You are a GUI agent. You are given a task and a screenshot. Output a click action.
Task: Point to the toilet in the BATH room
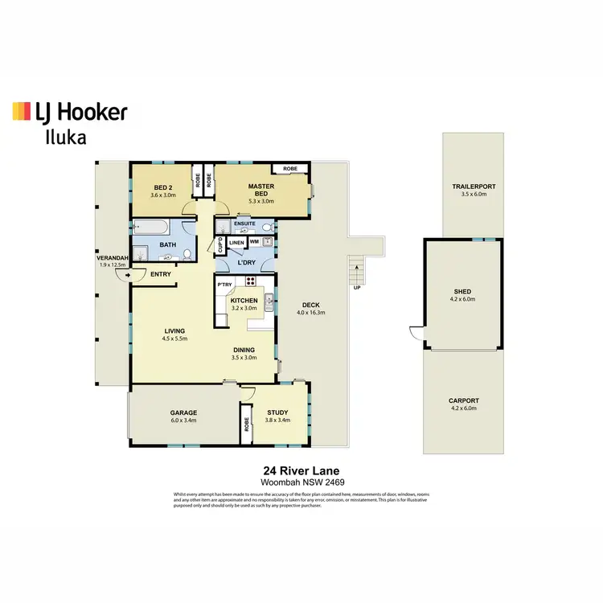click(187, 255)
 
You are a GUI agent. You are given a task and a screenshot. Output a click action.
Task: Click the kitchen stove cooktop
click(250, 281)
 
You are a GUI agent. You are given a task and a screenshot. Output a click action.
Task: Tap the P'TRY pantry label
click(224, 284)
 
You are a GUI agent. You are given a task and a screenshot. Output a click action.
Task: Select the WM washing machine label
click(254, 241)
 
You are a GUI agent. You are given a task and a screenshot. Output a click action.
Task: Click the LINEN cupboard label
click(236, 241)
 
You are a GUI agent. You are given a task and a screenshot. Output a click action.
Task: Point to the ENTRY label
click(160, 274)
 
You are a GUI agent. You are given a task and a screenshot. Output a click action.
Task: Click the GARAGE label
click(183, 412)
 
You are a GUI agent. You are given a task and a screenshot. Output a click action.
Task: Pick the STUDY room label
click(277, 412)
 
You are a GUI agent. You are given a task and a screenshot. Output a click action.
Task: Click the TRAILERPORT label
click(474, 187)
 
